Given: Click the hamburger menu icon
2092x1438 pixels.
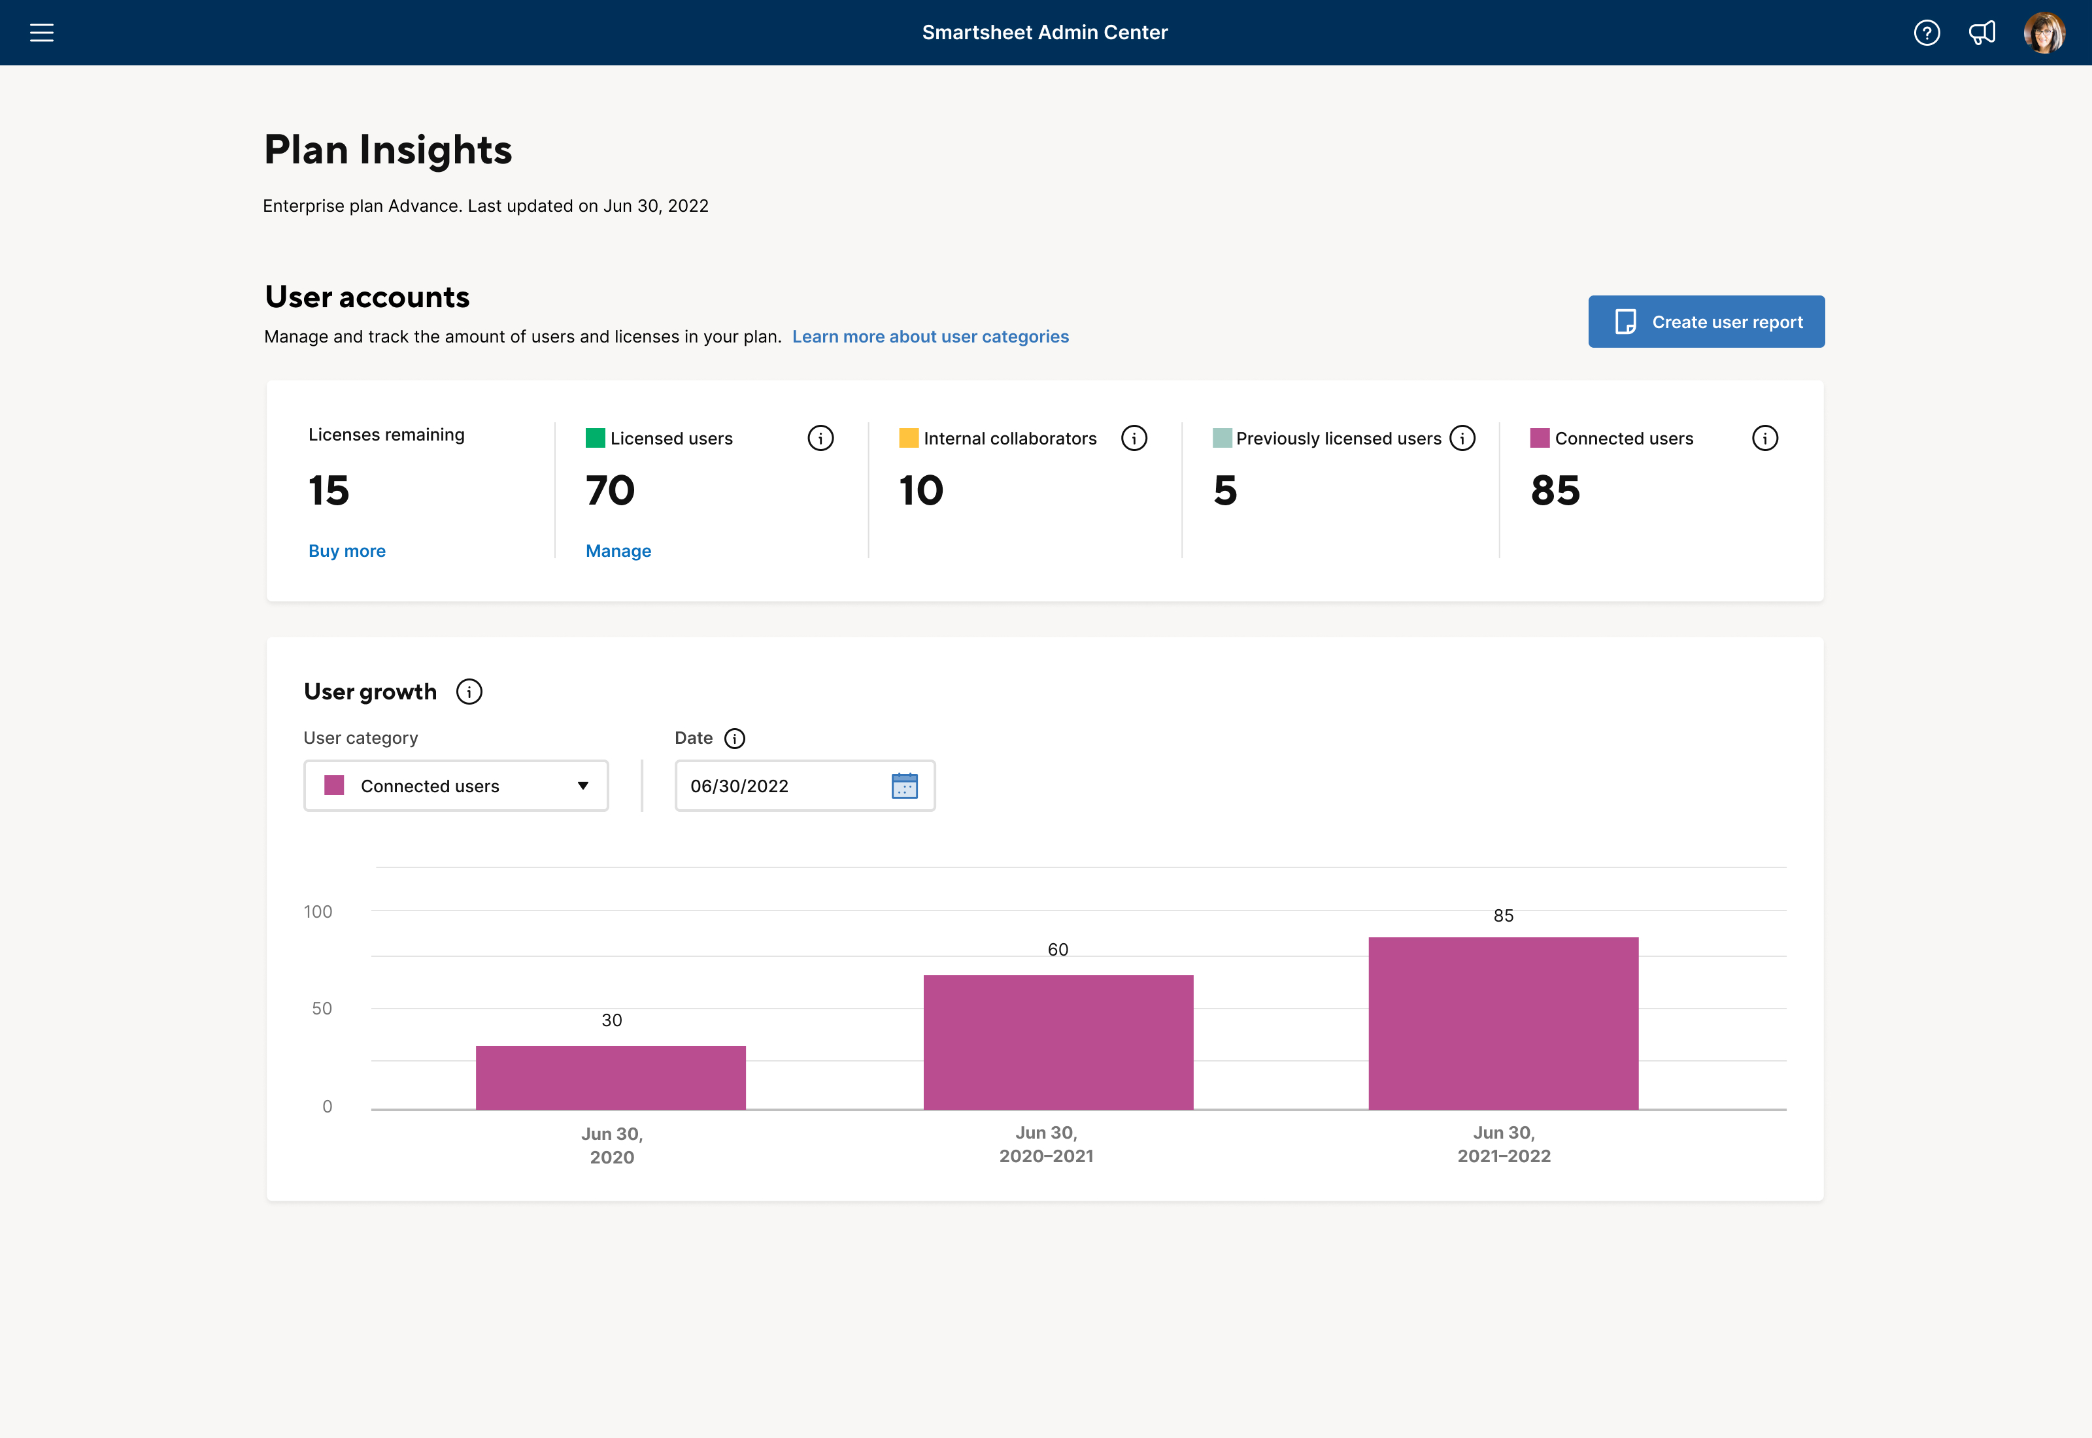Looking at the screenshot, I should [x=41, y=33].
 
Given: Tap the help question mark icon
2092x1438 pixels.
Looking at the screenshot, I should [x=1926, y=33].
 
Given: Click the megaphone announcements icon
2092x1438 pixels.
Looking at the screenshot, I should [x=1982, y=33].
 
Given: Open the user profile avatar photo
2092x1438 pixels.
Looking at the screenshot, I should [x=2044, y=33].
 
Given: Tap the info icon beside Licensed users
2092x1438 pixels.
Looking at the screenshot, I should [x=820, y=439].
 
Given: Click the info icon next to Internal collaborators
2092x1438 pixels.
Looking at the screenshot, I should [x=1134, y=439].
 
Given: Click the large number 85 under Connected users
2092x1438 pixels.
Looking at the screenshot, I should [x=1555, y=491].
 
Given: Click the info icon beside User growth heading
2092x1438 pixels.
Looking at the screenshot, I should [x=469, y=692].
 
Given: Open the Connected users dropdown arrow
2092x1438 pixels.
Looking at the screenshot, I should [x=583, y=786].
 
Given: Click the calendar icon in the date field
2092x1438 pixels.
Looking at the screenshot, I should [x=903, y=786].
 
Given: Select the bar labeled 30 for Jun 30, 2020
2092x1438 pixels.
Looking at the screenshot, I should [x=611, y=1078].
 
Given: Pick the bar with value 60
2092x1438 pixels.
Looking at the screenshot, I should [x=1058, y=1043].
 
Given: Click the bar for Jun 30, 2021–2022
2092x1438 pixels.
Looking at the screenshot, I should [x=1503, y=1024].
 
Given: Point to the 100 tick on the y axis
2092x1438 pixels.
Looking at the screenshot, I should [x=318, y=912].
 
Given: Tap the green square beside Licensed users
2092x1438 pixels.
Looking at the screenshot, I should [x=595, y=439].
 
